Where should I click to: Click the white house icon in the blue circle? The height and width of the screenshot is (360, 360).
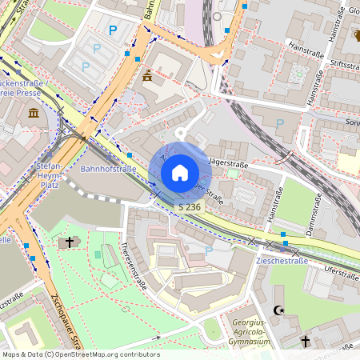tap(180, 173)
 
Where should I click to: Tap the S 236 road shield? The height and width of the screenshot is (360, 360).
tap(190, 206)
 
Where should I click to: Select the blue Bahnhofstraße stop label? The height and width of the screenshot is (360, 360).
tap(108, 170)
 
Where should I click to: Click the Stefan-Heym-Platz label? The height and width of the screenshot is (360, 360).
tap(49, 174)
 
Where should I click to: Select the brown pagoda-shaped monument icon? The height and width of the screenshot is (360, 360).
tap(148, 77)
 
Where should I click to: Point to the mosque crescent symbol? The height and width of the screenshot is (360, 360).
tap(278, 310)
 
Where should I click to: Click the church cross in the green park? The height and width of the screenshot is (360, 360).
tap(70, 242)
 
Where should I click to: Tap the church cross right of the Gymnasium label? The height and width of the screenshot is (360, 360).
tap(306, 342)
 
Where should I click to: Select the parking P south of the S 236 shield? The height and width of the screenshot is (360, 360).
tap(209, 250)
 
